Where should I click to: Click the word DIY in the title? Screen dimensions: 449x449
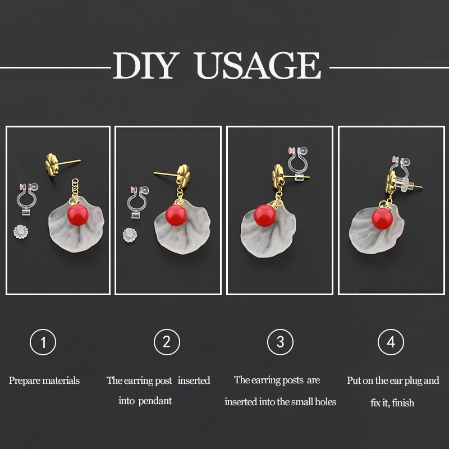click(x=144, y=65)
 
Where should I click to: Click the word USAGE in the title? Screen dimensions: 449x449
click(x=259, y=65)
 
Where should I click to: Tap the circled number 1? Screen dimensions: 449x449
click(x=43, y=342)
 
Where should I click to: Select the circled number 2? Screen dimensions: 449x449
click(x=167, y=342)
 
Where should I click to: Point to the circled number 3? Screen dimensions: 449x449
click(x=280, y=342)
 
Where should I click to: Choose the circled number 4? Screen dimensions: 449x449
click(x=391, y=342)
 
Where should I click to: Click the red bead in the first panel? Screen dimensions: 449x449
click(x=78, y=215)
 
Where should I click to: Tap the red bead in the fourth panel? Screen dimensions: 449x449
click(x=382, y=219)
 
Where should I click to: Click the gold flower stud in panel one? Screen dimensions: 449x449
click(x=53, y=164)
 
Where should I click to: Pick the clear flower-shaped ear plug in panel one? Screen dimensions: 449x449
click(x=21, y=232)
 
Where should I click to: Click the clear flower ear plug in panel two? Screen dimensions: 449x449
click(x=130, y=235)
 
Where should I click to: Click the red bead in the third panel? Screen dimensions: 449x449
click(x=265, y=216)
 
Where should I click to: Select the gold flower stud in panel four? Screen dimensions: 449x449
click(x=391, y=181)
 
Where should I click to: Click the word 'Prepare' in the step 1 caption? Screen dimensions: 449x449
click(x=24, y=381)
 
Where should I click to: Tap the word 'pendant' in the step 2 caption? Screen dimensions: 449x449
click(x=155, y=401)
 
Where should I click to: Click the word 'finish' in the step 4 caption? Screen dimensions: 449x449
click(x=403, y=403)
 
